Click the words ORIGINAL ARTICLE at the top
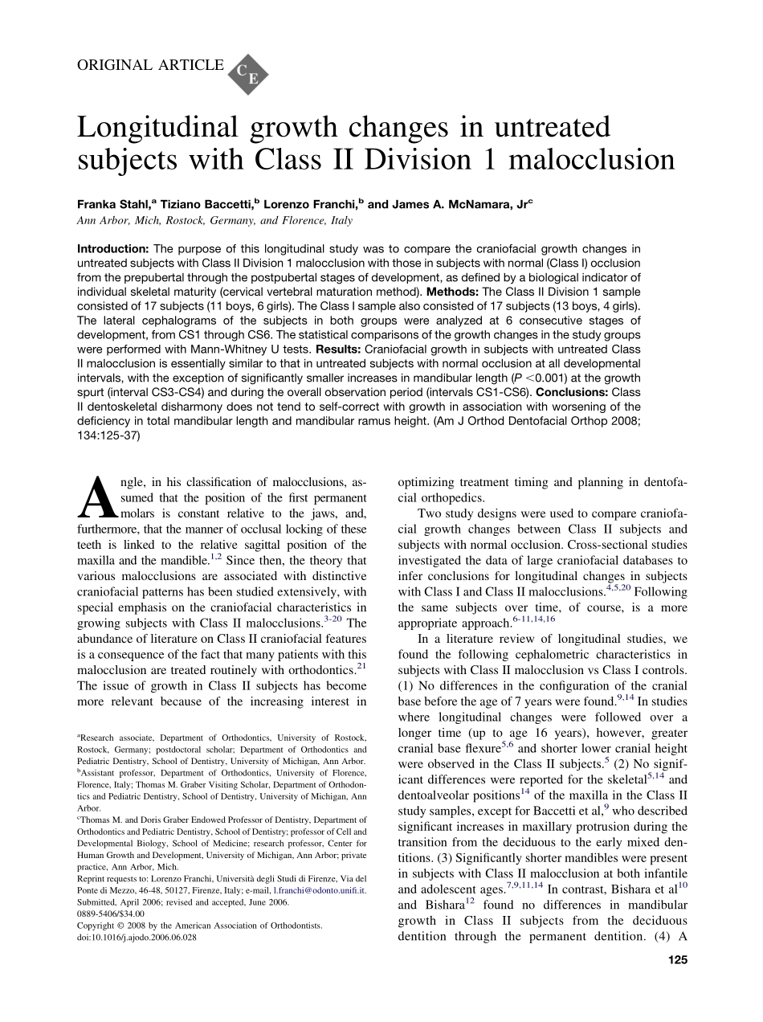150,65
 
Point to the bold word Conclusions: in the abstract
571,393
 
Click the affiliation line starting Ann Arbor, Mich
214,220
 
